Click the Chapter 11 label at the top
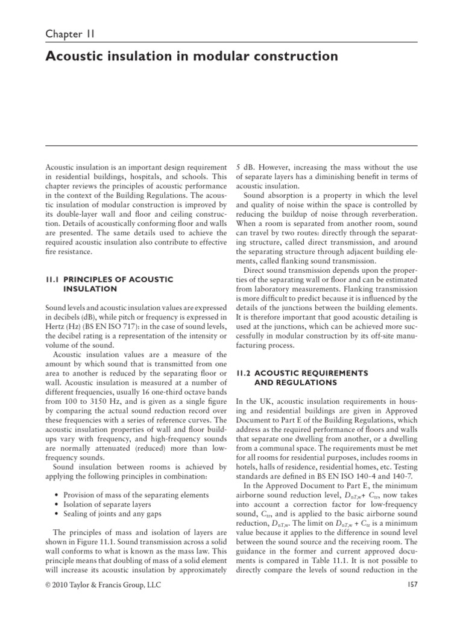70,34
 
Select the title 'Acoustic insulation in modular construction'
192,57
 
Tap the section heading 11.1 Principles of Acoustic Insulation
110,284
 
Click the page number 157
412,585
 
